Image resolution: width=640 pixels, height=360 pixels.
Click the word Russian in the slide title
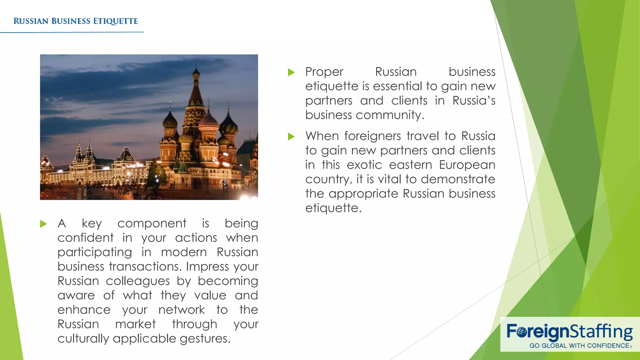pyautogui.click(x=31, y=21)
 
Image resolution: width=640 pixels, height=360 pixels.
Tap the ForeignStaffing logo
pyautogui.click(x=569, y=332)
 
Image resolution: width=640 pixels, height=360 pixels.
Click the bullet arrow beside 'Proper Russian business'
pyautogui.click(x=291, y=72)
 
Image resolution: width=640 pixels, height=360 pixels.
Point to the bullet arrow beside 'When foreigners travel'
pyautogui.click(x=291, y=137)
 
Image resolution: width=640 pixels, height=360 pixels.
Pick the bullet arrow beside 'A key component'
pyautogui.click(x=43, y=224)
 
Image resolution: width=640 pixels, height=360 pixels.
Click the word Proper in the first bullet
pyautogui.click(x=324, y=72)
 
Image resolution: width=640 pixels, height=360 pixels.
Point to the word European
pyautogui.click(x=467, y=165)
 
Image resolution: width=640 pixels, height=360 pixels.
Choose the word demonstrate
pyautogui.click(x=458, y=179)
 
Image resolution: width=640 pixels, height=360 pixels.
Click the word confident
pyautogui.click(x=85, y=238)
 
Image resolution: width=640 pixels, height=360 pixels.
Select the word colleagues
pyautogui.click(x=137, y=281)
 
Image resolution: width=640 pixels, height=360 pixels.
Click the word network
pyautogui.click(x=182, y=310)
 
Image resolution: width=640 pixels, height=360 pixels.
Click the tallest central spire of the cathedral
pyautogui.click(x=196, y=91)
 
